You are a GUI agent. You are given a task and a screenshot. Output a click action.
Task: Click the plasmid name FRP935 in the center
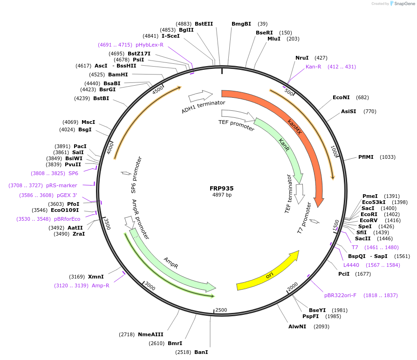pos(222,189)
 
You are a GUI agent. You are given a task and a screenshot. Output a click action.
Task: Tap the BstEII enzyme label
pos(204,24)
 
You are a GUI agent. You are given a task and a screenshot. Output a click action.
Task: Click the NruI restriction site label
pos(302,58)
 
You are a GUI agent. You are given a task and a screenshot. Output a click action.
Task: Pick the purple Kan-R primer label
pos(314,67)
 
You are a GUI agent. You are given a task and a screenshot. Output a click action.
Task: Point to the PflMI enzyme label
pos(366,157)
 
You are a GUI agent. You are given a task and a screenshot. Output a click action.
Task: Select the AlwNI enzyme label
pos(297,326)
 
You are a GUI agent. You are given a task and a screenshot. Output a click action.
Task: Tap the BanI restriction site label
pos(201,352)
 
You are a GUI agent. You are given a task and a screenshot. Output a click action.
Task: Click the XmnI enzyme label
pos(96,277)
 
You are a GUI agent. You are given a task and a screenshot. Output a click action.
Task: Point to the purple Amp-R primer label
pos(100,285)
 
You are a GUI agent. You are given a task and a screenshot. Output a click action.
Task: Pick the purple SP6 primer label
pos(73,173)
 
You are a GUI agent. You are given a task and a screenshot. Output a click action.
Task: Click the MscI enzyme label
pos(88,122)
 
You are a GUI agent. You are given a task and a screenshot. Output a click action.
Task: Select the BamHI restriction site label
pos(118,75)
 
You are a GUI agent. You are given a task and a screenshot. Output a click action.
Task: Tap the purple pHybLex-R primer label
pos(150,45)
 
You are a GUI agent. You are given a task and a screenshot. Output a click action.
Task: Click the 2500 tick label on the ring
pos(221,310)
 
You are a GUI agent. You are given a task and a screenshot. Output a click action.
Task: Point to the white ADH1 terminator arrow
pos(200,96)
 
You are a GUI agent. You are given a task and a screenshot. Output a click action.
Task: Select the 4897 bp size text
pos(222,195)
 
